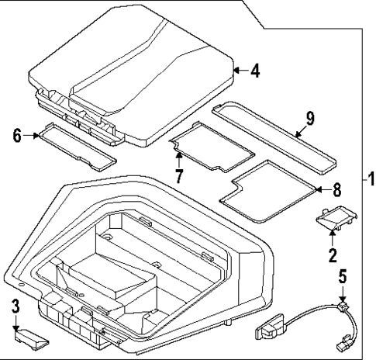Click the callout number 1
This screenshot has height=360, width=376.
370,179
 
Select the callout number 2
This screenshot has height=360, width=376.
332,254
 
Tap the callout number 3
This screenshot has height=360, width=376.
15,306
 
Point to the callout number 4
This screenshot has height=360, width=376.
255,71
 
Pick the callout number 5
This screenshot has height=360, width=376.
342,275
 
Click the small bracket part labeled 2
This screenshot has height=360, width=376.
335,220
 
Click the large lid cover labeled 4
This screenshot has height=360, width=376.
132,70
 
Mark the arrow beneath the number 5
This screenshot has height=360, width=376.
342,292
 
